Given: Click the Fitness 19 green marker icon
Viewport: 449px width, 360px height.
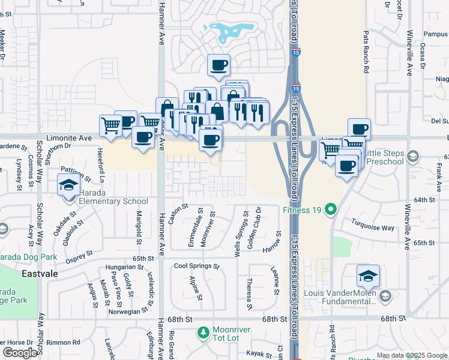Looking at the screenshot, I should coord(330,210).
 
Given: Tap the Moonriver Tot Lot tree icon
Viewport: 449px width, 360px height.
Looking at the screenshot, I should coord(203,332).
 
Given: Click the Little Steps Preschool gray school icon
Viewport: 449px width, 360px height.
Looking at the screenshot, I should coord(412,157).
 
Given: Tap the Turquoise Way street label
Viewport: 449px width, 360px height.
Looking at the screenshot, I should coord(373,227).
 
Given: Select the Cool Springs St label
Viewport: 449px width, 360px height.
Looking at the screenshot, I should coord(196,266).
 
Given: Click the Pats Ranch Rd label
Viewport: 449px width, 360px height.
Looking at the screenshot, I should coord(365,52).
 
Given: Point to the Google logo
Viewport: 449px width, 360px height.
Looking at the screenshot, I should coord(20,352).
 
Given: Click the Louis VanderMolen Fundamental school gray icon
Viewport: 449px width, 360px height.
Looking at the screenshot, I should coord(385,295).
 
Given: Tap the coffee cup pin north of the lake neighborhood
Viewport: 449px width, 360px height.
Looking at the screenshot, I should coord(218,64).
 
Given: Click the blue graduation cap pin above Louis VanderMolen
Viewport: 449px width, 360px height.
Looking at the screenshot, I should coord(368,276).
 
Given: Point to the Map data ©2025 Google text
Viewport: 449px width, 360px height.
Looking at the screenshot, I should coord(412,355).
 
